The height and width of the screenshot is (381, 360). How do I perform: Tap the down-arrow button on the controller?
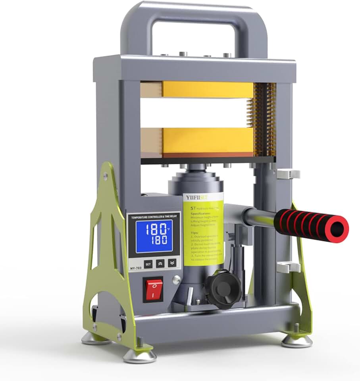pyautogui.click(x=172, y=263)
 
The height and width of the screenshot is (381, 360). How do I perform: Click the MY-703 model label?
pyautogui.click(x=135, y=268)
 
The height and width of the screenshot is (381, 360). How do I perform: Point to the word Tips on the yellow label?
pyautogui.click(x=189, y=234)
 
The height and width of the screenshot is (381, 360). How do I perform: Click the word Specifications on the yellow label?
pyautogui.click(x=199, y=213)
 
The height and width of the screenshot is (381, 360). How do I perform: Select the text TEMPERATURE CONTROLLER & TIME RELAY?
pyautogui.click(x=153, y=217)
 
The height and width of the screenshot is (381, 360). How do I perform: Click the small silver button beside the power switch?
pyautogui.click(x=176, y=281)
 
